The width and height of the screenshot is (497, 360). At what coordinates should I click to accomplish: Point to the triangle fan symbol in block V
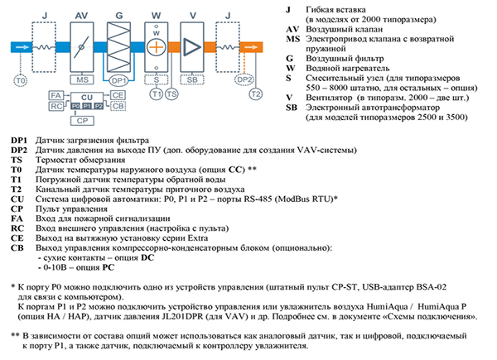point(194,45)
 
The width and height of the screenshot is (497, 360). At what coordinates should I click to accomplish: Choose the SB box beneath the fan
point(194,80)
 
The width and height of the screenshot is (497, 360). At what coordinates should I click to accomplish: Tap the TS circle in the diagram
point(171,94)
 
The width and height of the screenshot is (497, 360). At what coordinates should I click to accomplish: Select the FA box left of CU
point(55,96)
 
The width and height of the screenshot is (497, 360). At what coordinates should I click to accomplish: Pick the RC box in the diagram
point(55,106)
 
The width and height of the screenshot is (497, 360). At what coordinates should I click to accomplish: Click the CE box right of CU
point(118,96)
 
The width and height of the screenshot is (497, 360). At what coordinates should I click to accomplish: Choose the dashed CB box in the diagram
point(118,106)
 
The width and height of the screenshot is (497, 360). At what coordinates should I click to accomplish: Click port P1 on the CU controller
point(86,107)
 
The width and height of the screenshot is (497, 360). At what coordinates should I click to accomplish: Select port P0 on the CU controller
point(75,107)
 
